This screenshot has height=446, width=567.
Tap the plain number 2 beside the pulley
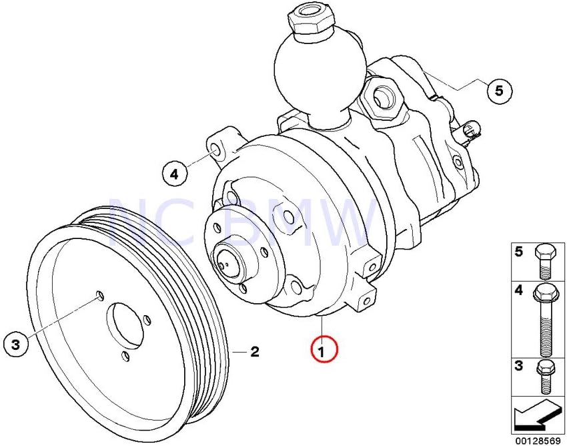coord(254,351)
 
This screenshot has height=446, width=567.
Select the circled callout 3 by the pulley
coord(17,345)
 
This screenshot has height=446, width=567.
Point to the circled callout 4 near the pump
coord(174,175)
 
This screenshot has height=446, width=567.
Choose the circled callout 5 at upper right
coord(499,89)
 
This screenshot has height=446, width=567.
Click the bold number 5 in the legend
coord(518,252)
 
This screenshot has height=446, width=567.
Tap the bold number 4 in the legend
coord(518,291)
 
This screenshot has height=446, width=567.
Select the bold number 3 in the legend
coord(518,366)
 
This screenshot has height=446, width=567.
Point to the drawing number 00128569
coord(538,440)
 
